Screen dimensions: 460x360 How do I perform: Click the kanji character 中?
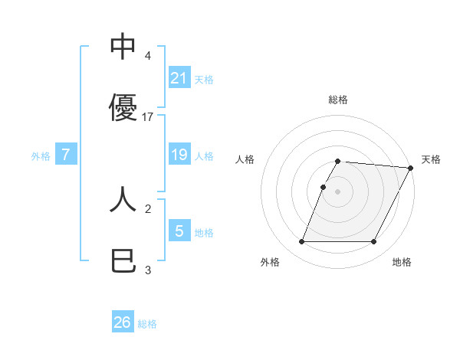point(123,47)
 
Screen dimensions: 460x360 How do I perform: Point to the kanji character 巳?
point(123,262)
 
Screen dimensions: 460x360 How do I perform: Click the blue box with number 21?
point(179,78)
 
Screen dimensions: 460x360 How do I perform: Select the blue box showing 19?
point(179,155)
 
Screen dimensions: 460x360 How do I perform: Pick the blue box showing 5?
point(179,231)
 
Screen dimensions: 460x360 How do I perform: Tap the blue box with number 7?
point(66,155)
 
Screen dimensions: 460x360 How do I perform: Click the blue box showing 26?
point(123,322)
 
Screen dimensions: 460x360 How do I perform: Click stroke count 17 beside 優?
point(149,117)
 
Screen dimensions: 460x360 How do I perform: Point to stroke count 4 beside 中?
point(147,56)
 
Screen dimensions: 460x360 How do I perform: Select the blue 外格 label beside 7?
point(41,156)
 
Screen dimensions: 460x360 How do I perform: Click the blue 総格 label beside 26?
point(147,324)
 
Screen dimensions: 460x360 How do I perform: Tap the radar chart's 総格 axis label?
point(338,100)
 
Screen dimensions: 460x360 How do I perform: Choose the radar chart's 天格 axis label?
point(431,159)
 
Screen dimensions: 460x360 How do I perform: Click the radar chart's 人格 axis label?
point(245,159)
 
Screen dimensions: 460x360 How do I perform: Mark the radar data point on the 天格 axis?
point(412,168)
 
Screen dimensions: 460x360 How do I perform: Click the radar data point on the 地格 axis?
point(374,242)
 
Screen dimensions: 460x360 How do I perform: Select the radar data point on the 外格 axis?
point(301,242)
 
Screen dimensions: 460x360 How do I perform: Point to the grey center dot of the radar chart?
point(338,191)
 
